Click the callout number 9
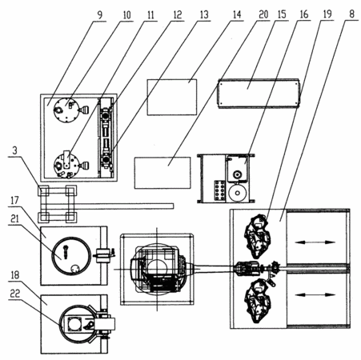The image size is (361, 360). point(99,15)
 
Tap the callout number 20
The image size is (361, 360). point(263,14)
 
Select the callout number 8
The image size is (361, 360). point(352,14)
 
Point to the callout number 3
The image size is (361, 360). point(14,150)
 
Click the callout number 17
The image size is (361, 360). point(14,200)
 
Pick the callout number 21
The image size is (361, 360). point(14,218)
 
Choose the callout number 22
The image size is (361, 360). point(15,294)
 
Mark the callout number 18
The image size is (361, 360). point(15,275)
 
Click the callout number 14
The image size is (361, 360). point(237,14)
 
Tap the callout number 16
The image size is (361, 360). point(304,14)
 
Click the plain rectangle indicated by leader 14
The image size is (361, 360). point(172,98)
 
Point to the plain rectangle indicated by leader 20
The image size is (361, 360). point(162,173)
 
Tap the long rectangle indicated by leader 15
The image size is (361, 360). point(259,94)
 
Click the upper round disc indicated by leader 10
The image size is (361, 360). point(66,110)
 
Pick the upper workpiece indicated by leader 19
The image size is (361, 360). point(258,238)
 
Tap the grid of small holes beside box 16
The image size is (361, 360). point(220,190)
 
